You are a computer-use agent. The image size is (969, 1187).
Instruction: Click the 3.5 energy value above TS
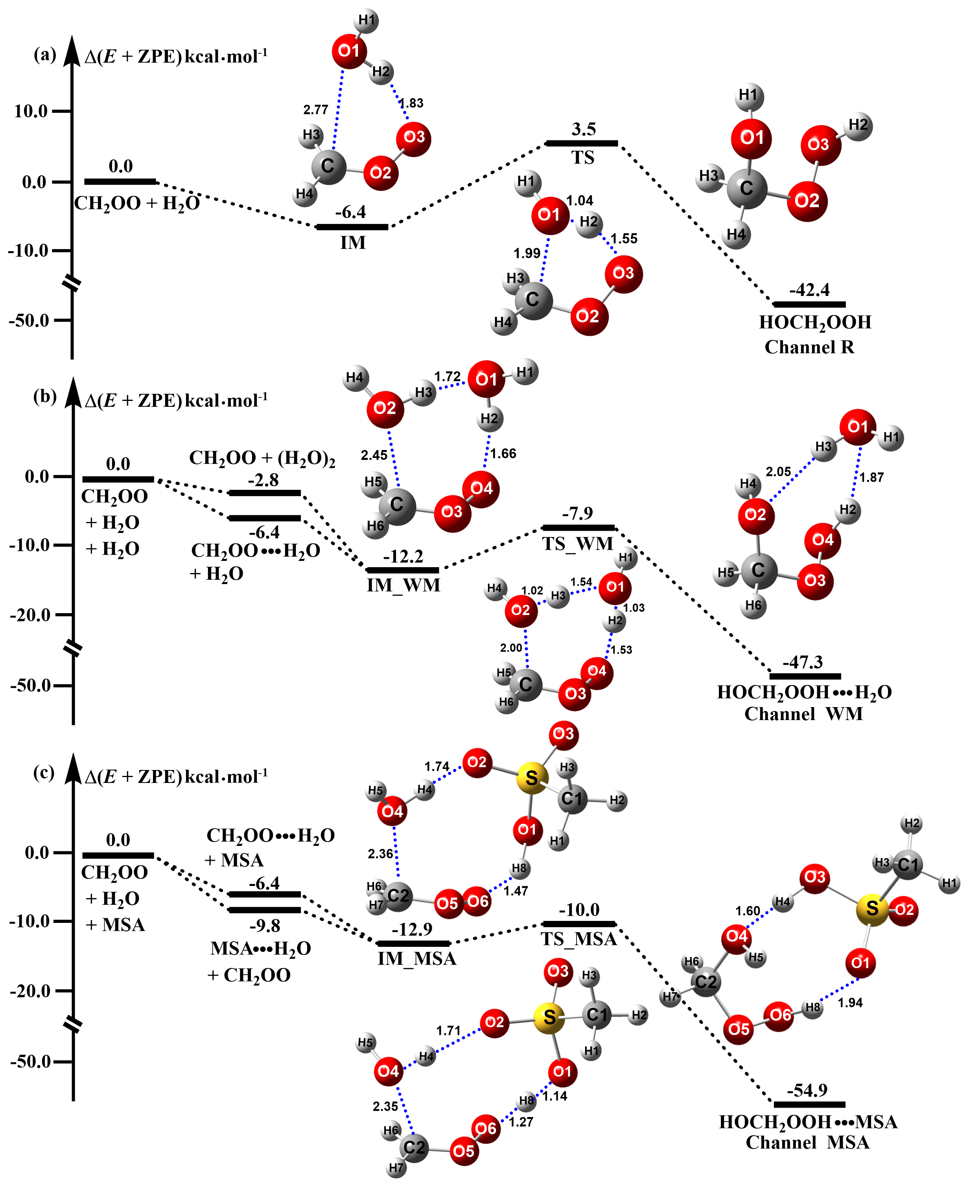583,129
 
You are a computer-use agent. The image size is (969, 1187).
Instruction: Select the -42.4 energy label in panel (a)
809,290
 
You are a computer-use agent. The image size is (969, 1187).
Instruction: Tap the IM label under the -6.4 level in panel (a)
353,243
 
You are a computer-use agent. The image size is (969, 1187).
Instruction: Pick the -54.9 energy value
808,1090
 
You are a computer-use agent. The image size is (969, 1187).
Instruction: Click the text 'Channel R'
809,347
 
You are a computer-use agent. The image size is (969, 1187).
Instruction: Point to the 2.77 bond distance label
315,110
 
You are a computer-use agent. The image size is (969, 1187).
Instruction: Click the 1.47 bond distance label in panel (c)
516,891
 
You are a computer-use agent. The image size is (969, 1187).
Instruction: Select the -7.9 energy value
577,513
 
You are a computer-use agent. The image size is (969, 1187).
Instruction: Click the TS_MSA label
579,939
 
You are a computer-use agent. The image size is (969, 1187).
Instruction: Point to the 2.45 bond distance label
374,455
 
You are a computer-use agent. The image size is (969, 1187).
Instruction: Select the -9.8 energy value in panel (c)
265,926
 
